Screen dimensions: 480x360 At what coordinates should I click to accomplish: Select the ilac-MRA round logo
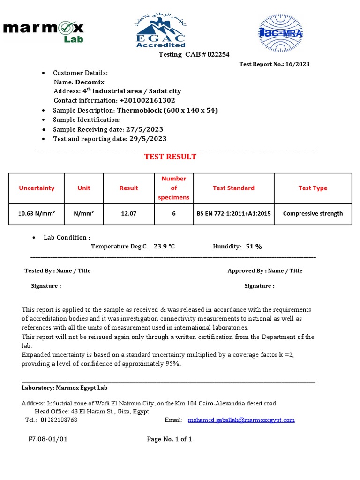pyautogui.click(x=281, y=33)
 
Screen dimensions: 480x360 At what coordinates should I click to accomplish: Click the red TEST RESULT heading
pyautogui.click(x=170, y=157)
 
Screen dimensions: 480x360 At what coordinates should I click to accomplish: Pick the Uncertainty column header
pyautogui.click(x=37, y=188)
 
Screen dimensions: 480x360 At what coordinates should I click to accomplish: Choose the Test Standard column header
pyautogui.click(x=233, y=188)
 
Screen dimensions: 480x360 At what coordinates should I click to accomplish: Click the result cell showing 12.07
pyautogui.click(x=128, y=213)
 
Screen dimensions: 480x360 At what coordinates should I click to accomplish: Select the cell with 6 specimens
pyautogui.click(x=173, y=213)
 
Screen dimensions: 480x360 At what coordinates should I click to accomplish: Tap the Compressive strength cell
pyautogui.click(x=313, y=213)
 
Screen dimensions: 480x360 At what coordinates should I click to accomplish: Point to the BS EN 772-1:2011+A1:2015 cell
pyautogui.click(x=233, y=213)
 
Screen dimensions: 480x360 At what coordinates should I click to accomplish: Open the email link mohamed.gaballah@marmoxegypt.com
pyautogui.click(x=241, y=420)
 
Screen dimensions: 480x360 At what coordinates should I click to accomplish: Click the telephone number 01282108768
pyautogui.click(x=59, y=420)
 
